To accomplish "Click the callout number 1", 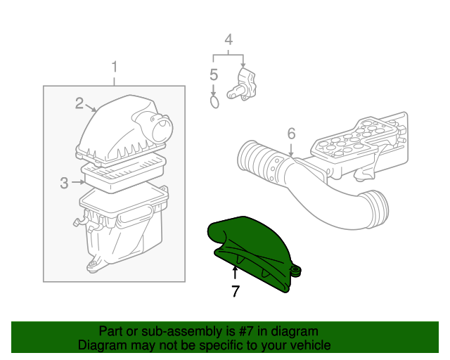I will coord(115,68).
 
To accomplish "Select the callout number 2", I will coord(80,103).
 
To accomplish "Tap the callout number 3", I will coord(64,183).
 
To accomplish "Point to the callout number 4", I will coord(228,40).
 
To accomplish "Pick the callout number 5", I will coord(214,75).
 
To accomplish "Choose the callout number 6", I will coord(291,134).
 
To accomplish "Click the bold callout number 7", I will coord(236,290).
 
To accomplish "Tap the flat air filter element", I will coord(124,171).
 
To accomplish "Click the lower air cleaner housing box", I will coord(123,229).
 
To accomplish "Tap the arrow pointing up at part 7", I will coord(236,271).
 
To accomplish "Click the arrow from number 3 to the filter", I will coord(79,183).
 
